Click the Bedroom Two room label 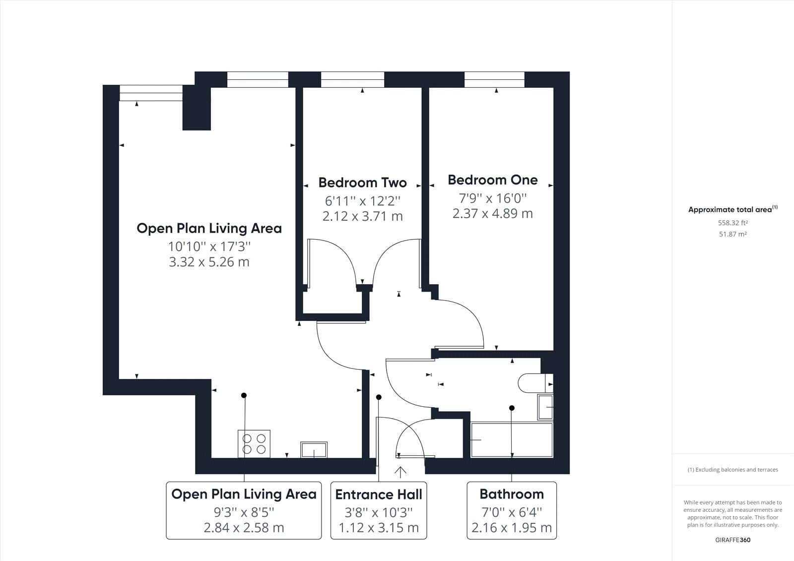(x=362, y=183)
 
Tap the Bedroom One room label (x=493, y=180)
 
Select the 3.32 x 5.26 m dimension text (x=209, y=262)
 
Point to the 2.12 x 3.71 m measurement (x=363, y=216)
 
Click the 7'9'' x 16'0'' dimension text (x=493, y=198)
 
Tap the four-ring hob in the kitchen (x=254, y=444)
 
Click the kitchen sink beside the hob (x=314, y=450)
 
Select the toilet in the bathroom (x=535, y=383)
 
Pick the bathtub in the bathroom (x=512, y=440)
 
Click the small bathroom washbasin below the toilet (x=545, y=407)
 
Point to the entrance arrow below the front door (x=400, y=472)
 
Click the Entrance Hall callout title (x=379, y=495)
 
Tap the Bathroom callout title (x=512, y=495)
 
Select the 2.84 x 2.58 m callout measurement (x=244, y=528)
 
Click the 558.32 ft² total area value (x=732, y=223)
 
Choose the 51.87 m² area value (x=732, y=234)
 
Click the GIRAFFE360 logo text (x=732, y=540)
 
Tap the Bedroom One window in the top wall (x=494, y=79)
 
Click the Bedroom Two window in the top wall (x=352, y=79)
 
